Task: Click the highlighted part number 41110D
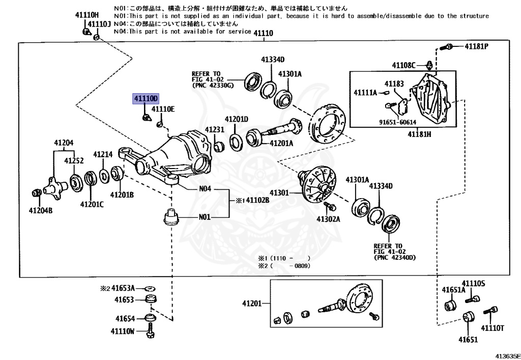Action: [146, 98]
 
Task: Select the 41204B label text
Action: [40, 210]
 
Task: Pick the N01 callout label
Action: [205, 217]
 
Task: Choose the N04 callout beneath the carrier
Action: [205, 188]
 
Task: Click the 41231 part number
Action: [214, 130]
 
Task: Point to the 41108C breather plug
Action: [428, 65]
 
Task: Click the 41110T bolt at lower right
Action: [492, 310]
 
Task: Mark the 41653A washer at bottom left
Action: [150, 289]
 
